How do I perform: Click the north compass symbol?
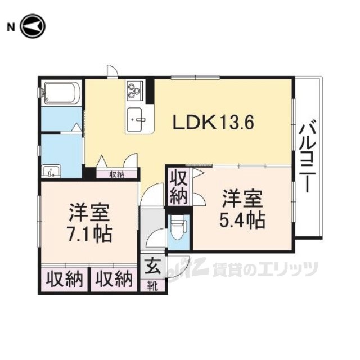pyautogui.click(x=33, y=26)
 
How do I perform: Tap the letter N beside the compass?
pyautogui.click(x=11, y=28)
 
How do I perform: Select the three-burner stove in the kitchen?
pyautogui.click(x=135, y=91)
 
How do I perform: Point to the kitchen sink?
pyautogui.click(x=134, y=119)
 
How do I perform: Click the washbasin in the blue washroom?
pyautogui.click(x=51, y=171)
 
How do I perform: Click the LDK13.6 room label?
pyautogui.click(x=213, y=123)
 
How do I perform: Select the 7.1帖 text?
pyautogui.click(x=89, y=235)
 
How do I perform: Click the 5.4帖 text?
pyautogui.click(x=242, y=220)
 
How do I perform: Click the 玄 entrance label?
pyautogui.click(x=152, y=266)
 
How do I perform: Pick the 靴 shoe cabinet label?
pyautogui.click(x=152, y=286)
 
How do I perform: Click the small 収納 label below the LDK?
pyautogui.click(x=116, y=174)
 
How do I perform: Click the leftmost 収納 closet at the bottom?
pyautogui.click(x=64, y=280)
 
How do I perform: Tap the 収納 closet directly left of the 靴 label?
pyautogui.click(x=114, y=280)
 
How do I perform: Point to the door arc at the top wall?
pyautogui.click(x=112, y=71)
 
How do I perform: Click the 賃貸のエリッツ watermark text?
pyautogui.click(x=265, y=269)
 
